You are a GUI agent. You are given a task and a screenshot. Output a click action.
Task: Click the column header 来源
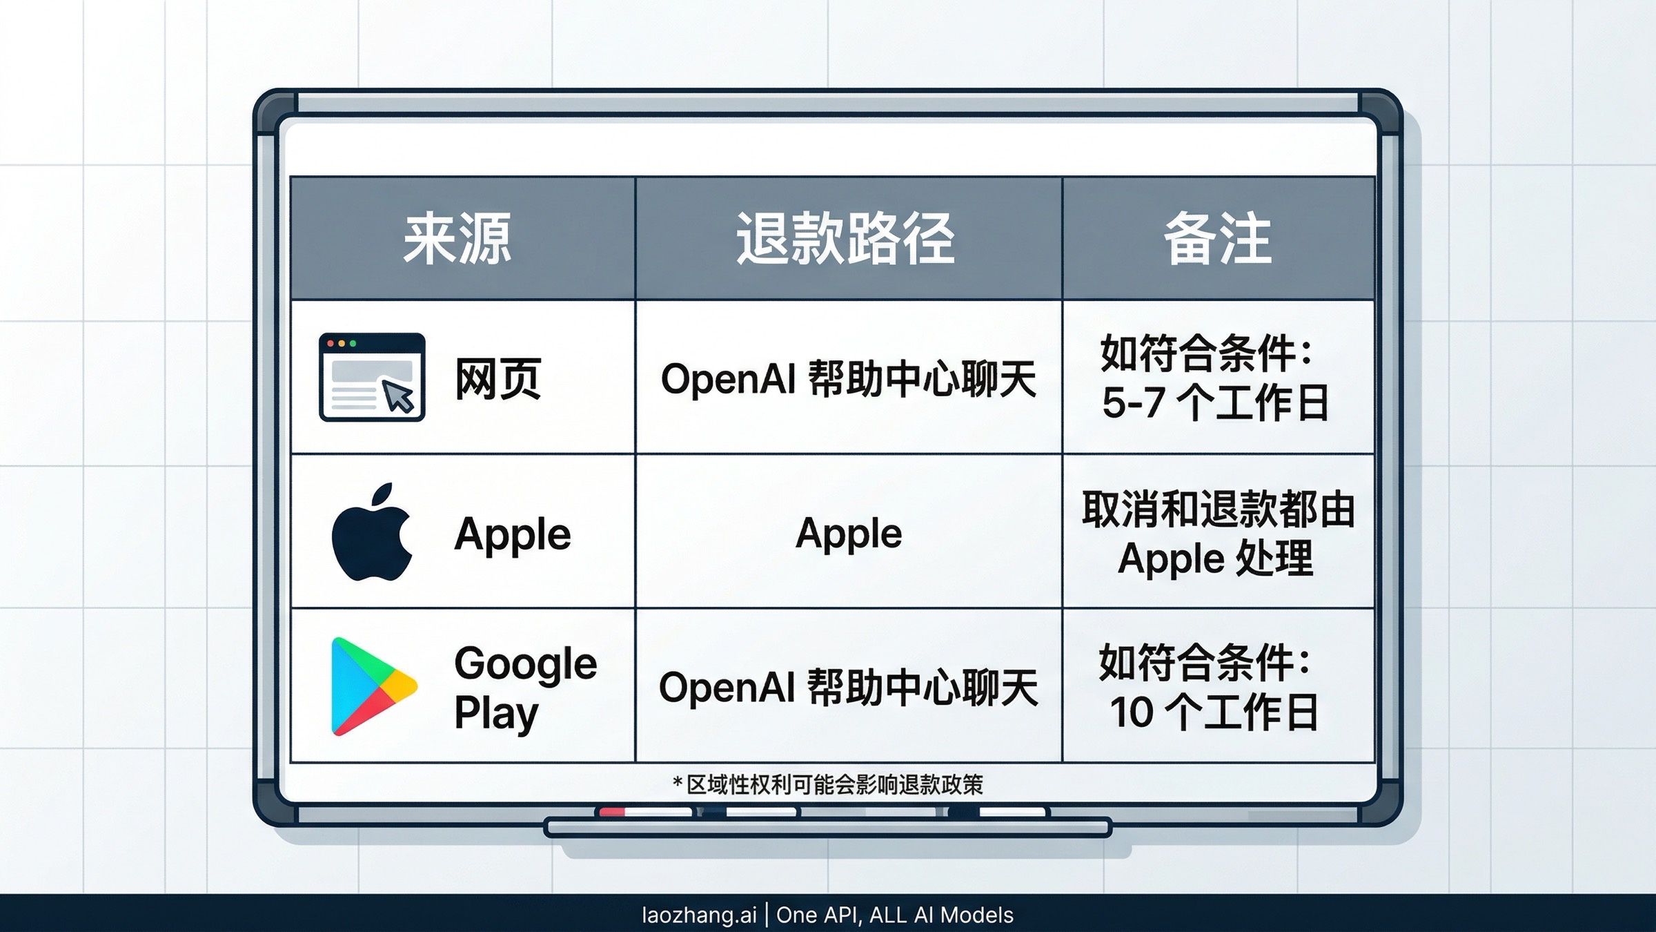(457, 239)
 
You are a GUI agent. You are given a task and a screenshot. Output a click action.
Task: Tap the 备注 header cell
(1218, 239)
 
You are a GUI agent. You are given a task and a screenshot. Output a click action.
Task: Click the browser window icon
(372, 377)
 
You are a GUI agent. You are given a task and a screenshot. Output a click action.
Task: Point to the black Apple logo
(372, 533)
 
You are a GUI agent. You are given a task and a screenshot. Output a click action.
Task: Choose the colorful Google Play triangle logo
(373, 686)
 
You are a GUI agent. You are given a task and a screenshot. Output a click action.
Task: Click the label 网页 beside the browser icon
(498, 378)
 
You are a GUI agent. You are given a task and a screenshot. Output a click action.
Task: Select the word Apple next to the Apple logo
(513, 534)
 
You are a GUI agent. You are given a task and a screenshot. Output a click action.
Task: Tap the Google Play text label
(525, 688)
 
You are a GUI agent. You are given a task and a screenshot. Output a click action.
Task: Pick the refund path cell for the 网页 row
(848, 378)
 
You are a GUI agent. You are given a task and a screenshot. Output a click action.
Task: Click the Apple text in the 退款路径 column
(849, 533)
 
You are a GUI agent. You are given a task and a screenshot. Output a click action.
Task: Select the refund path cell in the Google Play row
(848, 688)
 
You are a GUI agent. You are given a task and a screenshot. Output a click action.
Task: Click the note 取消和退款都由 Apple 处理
(1218, 533)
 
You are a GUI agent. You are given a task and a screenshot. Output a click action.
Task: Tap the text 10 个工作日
(1214, 712)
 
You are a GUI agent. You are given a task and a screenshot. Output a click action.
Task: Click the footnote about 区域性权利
(828, 785)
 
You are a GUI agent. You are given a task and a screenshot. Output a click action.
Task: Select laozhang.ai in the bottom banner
(699, 915)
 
